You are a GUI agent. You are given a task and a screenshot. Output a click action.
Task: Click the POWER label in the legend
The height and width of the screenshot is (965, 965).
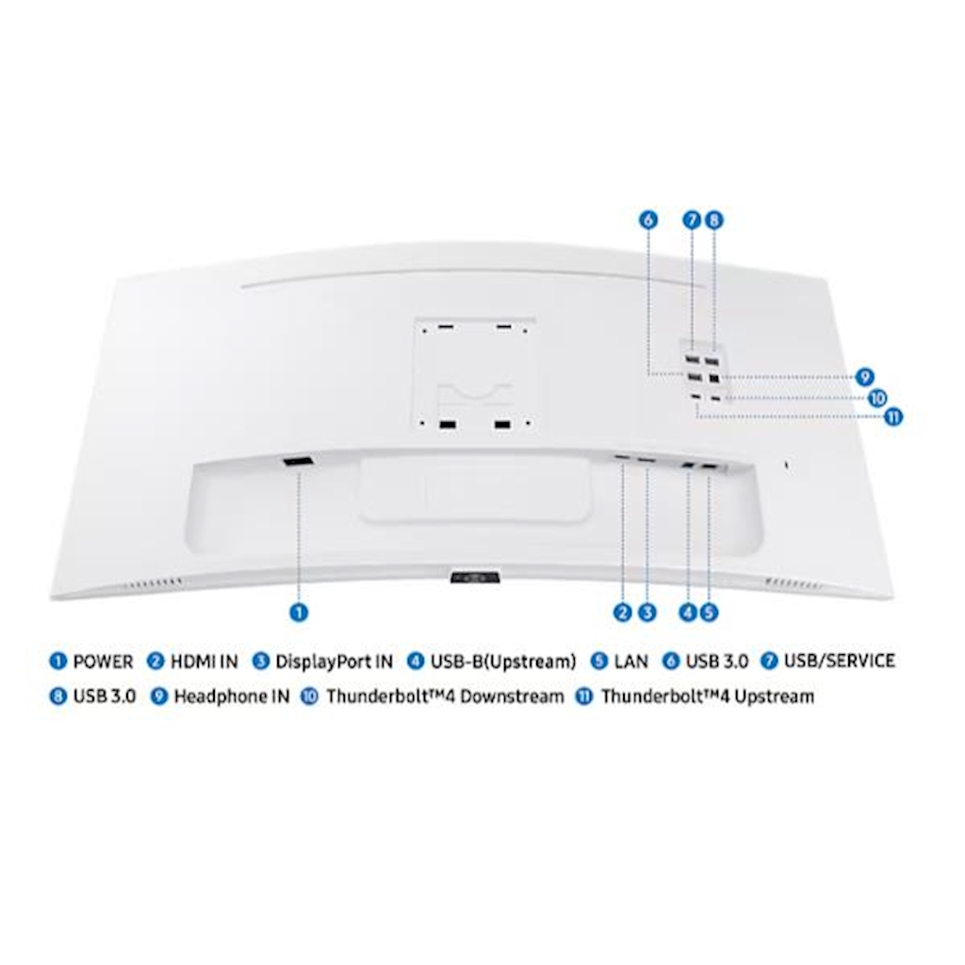(x=103, y=662)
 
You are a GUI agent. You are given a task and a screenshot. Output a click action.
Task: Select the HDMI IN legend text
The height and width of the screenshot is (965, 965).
(x=204, y=662)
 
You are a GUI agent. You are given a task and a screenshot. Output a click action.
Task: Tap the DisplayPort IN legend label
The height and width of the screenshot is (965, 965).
(x=335, y=662)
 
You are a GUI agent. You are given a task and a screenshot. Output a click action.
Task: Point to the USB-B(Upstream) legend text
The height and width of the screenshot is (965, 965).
(x=503, y=662)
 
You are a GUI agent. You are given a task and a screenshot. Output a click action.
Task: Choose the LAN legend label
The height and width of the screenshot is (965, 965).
(x=630, y=662)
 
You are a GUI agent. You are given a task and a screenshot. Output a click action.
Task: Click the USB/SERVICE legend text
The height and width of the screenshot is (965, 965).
(x=840, y=661)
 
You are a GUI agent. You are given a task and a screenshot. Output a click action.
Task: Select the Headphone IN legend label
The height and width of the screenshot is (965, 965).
(x=232, y=696)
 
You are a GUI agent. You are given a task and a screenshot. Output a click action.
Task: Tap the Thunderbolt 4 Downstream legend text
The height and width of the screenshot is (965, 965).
(x=445, y=696)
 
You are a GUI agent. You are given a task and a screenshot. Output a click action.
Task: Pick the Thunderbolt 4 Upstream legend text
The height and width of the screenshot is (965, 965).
(x=708, y=696)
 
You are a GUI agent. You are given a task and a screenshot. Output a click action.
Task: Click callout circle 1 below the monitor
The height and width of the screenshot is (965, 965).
(x=299, y=613)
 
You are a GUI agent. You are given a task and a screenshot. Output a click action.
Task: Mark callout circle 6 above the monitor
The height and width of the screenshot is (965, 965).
(x=648, y=220)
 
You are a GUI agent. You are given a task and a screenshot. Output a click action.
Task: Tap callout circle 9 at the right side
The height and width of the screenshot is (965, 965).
(x=865, y=377)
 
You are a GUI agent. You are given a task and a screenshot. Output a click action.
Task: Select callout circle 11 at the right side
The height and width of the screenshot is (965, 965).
(x=893, y=417)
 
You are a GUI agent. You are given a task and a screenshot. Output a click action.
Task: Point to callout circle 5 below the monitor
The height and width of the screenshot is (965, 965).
(x=709, y=613)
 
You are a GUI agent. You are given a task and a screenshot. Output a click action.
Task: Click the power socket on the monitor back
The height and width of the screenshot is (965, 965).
(x=299, y=462)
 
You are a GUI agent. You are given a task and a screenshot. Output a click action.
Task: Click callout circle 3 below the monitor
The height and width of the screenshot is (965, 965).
(x=646, y=613)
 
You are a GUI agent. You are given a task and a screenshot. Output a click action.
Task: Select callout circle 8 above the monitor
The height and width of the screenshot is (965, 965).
(x=714, y=220)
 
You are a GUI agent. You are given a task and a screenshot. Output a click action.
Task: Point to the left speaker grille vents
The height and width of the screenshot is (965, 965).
(x=153, y=582)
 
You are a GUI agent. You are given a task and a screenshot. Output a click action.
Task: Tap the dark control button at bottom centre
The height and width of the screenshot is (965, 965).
(x=475, y=577)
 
